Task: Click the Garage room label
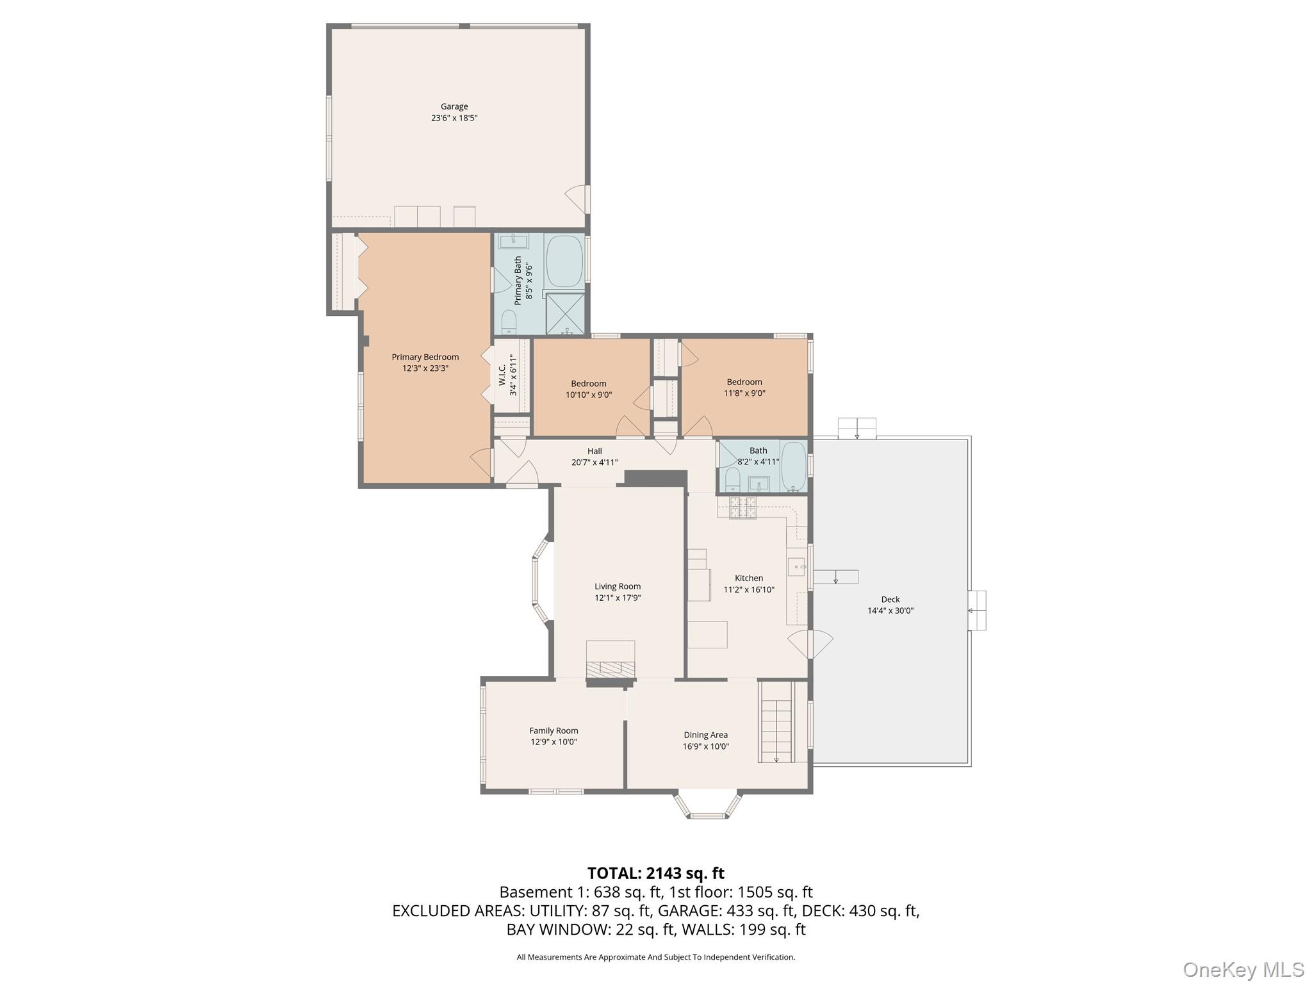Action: tap(454, 106)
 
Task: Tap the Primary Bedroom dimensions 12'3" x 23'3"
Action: tap(425, 368)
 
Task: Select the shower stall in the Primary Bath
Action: tap(565, 313)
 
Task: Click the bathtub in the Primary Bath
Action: tap(564, 261)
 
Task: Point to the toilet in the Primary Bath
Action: tap(509, 322)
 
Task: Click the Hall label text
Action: tap(594, 451)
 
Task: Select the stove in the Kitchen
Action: tap(743, 507)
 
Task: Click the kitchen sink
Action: tap(796, 567)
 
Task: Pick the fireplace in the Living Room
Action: tap(611, 666)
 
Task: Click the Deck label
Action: tap(890, 600)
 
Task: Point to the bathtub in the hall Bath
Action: tap(793, 466)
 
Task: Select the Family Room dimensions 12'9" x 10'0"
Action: tap(553, 742)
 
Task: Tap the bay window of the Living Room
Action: tap(541, 580)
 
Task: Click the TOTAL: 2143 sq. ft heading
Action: tap(655, 873)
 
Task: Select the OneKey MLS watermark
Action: tap(1243, 969)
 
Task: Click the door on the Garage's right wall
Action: tap(577, 199)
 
